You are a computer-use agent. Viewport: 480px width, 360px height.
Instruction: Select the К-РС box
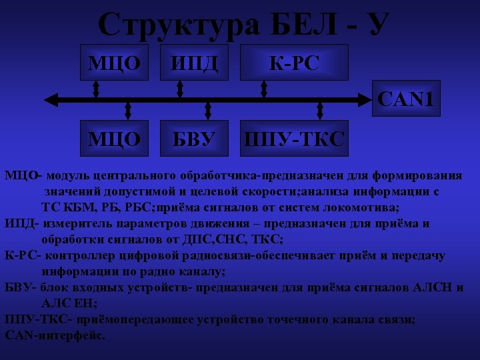pos(293,63)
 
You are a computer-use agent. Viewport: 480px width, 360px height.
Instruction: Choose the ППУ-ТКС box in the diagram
pos(294,139)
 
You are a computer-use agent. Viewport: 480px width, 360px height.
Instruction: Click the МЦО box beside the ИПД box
pos(115,63)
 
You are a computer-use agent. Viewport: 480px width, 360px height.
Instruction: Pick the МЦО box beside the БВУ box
pos(115,138)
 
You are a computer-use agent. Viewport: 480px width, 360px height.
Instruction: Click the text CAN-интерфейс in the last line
pos(55,335)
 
